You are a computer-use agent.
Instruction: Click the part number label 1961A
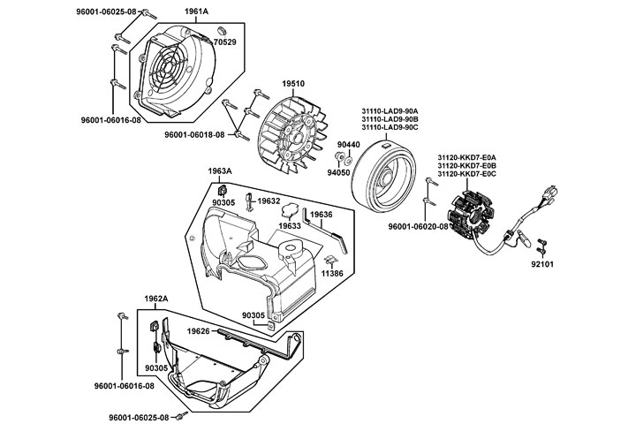coord(197,11)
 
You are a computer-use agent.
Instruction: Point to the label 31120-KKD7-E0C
coord(466,175)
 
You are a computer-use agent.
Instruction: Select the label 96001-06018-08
coord(194,135)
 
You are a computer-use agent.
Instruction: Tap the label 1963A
coord(220,170)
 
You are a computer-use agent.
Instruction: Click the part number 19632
coord(269,201)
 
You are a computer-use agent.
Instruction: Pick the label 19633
coord(290,226)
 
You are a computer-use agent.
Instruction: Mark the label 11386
coord(332,275)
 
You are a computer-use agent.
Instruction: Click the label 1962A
coord(156,299)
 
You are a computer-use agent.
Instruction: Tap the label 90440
coord(349,144)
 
